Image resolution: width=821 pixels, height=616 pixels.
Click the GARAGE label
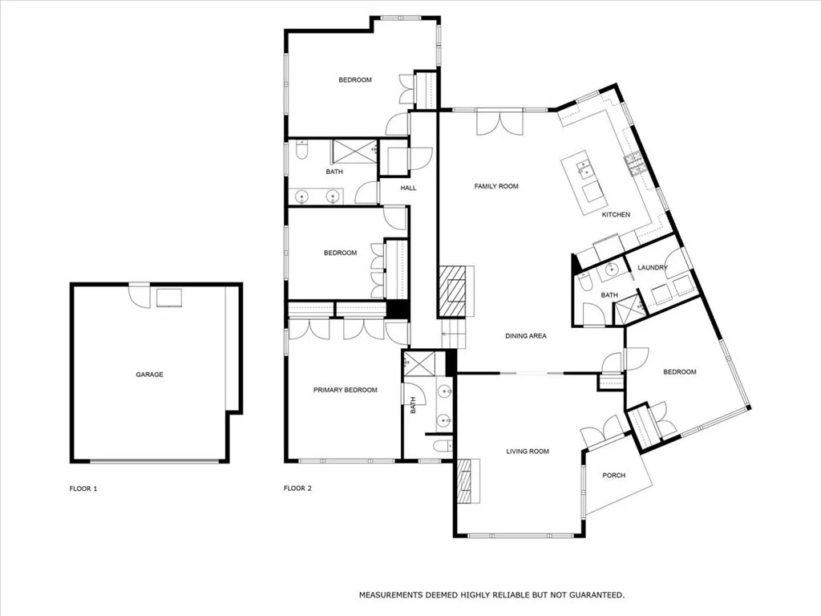(x=149, y=375)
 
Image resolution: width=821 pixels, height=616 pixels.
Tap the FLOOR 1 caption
(x=83, y=488)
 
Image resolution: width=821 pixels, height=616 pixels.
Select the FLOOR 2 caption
(x=297, y=488)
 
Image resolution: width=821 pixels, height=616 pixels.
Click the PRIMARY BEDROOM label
(x=345, y=390)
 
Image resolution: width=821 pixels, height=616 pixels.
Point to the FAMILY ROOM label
(x=496, y=186)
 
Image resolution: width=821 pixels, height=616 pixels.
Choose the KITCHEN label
(x=616, y=214)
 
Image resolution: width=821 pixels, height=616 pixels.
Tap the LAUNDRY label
(x=652, y=267)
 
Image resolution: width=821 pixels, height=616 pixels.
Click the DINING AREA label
(x=526, y=336)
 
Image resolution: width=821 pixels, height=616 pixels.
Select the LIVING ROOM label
(x=528, y=452)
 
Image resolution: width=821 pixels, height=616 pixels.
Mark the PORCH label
(x=613, y=475)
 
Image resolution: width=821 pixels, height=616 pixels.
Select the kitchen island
(x=584, y=180)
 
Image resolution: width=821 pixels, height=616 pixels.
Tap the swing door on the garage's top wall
(x=140, y=295)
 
